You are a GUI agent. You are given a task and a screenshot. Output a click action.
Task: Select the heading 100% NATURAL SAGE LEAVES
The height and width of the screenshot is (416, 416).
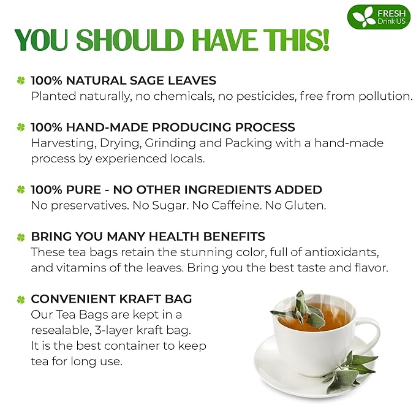pyautogui.click(x=123, y=80)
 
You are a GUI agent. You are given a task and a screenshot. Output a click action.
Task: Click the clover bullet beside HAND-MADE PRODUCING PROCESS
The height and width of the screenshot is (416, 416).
pyautogui.click(x=21, y=127)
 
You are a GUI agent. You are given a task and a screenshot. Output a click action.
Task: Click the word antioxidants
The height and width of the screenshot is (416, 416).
pyautogui.click(x=362, y=252)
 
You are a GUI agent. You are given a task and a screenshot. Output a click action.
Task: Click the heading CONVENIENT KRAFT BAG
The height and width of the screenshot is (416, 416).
pyautogui.click(x=112, y=299)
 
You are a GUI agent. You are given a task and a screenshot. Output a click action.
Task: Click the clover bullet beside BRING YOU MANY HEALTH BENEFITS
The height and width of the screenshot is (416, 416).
pyautogui.click(x=21, y=237)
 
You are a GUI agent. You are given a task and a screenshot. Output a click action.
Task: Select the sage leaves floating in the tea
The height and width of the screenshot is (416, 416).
pyautogui.click(x=303, y=309)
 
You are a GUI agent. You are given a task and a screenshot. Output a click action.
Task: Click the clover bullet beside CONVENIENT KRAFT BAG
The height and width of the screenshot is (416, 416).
pyautogui.click(x=21, y=300)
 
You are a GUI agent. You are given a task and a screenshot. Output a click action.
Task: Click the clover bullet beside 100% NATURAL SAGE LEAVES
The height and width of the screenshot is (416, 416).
pyautogui.click(x=21, y=80)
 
